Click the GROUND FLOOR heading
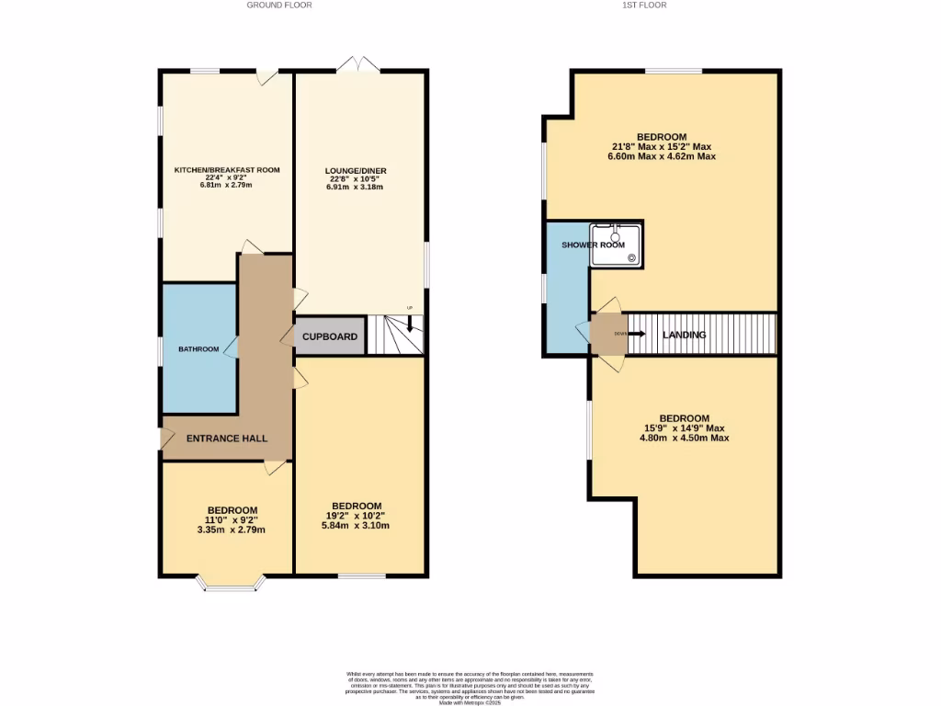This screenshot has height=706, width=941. [279, 6]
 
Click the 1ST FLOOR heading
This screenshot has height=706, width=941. [644, 6]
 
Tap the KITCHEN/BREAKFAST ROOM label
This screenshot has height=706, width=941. [227, 170]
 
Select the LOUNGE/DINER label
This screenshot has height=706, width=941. [355, 171]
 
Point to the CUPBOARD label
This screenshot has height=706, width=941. [330, 337]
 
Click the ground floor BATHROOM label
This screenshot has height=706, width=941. [198, 349]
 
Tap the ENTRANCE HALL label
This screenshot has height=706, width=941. [227, 438]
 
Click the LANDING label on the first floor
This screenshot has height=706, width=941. [685, 336]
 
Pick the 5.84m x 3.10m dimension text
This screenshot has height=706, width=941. [357, 526]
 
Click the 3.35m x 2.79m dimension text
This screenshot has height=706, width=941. [232, 530]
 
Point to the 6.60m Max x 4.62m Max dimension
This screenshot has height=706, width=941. [662, 156]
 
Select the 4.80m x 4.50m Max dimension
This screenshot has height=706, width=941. [684, 438]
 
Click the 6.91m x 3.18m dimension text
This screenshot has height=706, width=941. [355, 187]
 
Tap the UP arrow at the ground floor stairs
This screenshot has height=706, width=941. [410, 323]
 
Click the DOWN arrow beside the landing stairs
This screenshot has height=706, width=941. [636, 334]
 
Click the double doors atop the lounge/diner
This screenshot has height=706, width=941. [357, 64]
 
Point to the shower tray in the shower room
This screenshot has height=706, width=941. [617, 244]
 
